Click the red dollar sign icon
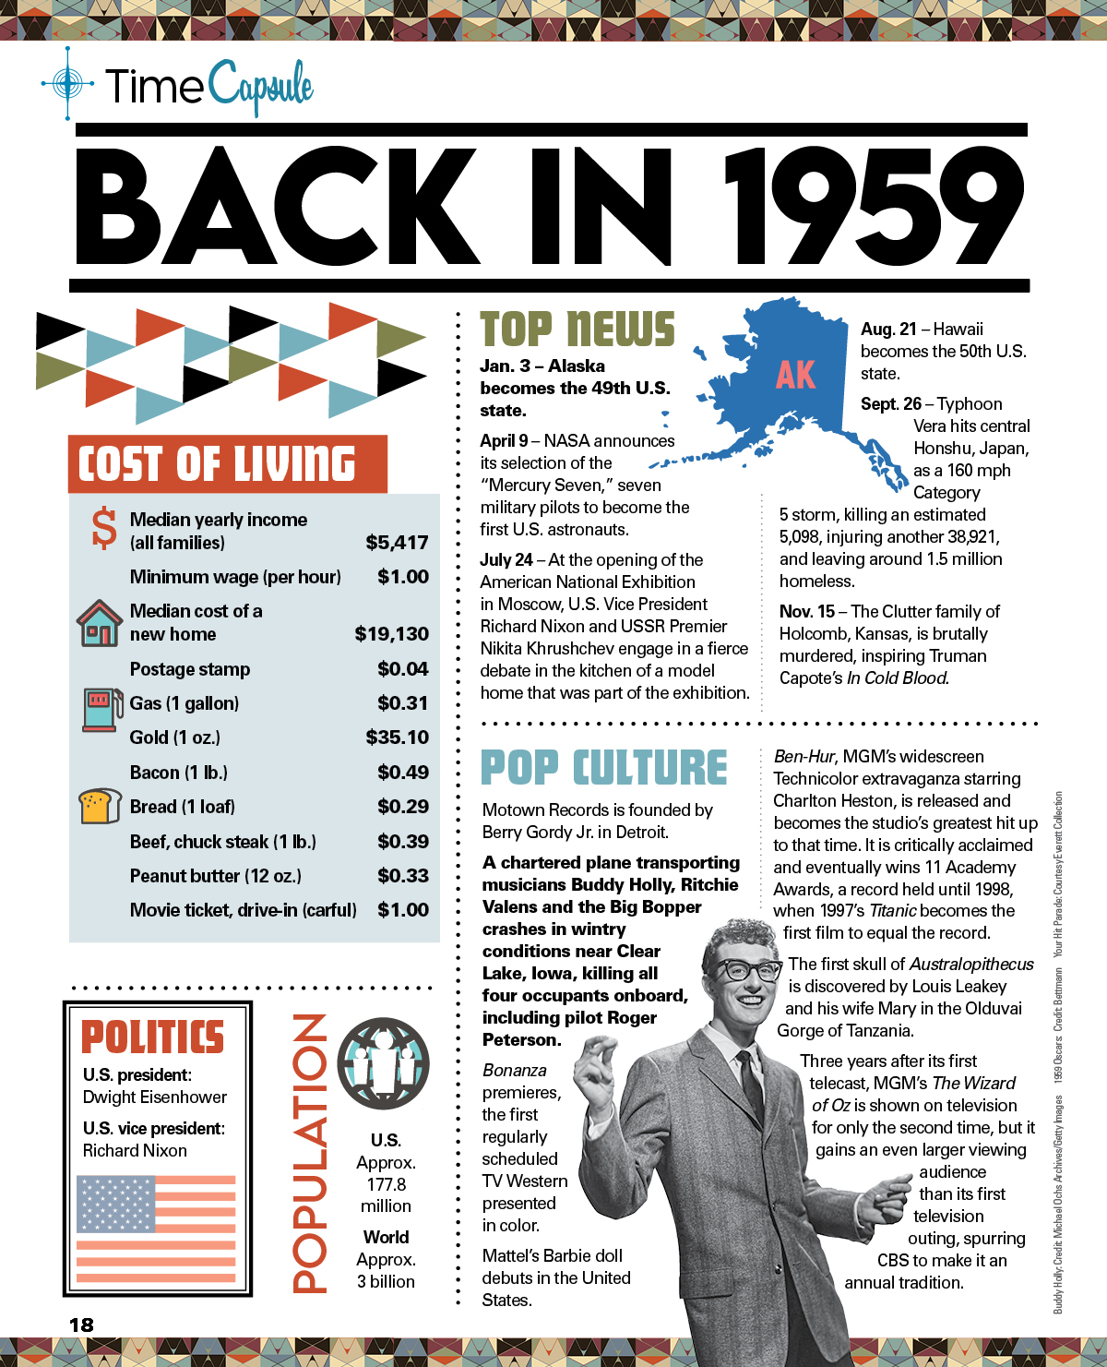click(x=104, y=528)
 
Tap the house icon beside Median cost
click(x=99, y=623)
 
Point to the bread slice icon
click(x=100, y=806)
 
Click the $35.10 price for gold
click(x=397, y=737)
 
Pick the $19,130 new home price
click(x=391, y=634)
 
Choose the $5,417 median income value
click(x=397, y=543)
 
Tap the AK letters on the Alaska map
click(x=795, y=375)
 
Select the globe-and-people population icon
click(x=383, y=1063)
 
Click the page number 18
click(x=81, y=1325)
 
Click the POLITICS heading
click(x=153, y=1037)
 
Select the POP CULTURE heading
click(x=604, y=768)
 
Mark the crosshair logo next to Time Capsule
click(x=67, y=84)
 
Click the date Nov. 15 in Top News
click(x=806, y=612)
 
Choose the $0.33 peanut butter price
click(x=402, y=876)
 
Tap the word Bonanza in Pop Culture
click(x=515, y=1071)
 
